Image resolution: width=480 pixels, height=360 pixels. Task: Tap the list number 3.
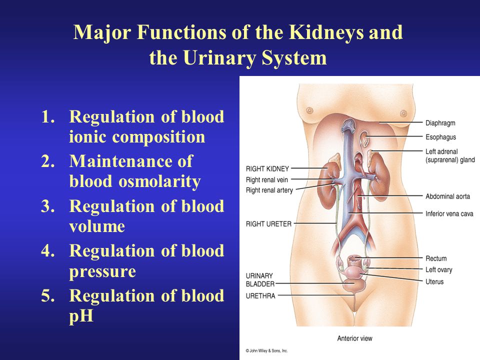point(48,206)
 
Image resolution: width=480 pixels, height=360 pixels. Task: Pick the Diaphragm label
point(440,123)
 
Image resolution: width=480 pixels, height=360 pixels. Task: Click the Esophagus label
point(440,137)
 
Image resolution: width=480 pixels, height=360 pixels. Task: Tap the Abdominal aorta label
point(447,196)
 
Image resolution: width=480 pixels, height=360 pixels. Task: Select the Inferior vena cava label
point(449,213)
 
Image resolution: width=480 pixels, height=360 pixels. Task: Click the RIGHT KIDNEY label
point(267,168)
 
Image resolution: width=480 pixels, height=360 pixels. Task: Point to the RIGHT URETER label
point(269,224)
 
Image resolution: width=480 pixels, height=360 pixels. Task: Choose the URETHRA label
point(260,296)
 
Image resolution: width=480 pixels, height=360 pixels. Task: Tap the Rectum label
point(436,258)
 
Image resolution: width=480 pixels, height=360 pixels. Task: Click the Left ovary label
point(438,269)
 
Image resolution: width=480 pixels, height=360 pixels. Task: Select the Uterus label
point(434,281)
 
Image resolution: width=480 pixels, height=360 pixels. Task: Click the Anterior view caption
point(354,338)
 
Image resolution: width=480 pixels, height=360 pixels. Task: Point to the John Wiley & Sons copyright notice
point(266,351)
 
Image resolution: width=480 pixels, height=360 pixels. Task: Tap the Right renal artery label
point(269,190)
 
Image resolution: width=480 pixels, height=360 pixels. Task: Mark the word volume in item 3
point(97,226)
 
